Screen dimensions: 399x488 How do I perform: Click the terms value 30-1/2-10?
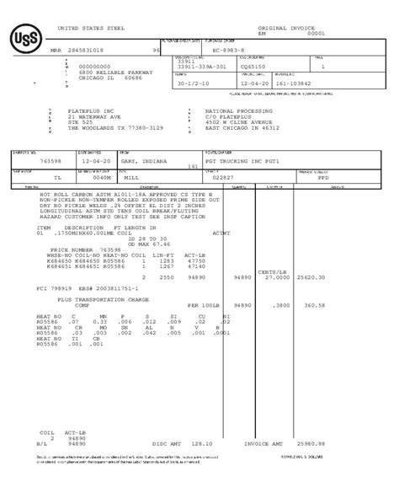point(194,83)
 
